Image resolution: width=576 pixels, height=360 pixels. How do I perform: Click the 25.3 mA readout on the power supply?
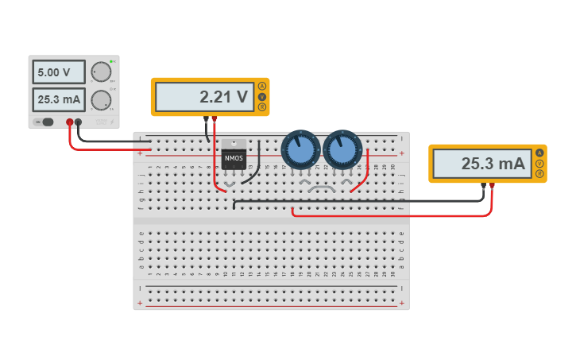59,100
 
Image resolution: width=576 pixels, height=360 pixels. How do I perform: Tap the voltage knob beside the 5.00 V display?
100,72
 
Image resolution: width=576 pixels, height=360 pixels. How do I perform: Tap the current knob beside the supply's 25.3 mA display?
100,100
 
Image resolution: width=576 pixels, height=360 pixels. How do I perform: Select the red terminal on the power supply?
70,122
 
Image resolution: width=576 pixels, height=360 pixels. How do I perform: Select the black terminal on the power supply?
79,122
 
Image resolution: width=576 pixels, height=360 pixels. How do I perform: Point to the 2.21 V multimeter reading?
203,97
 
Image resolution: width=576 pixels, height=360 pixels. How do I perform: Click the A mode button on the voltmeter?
262,87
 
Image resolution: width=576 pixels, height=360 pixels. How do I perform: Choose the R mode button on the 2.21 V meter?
262,107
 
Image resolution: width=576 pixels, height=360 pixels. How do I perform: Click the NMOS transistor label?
234,158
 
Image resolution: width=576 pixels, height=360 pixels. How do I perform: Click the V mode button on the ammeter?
540,163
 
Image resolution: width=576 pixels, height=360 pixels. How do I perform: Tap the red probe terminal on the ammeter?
492,185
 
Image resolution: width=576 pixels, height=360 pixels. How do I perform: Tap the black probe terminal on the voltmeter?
207,118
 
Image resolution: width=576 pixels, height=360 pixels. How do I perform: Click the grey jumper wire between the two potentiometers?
323,188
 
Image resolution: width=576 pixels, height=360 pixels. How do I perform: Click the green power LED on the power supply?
112,61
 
